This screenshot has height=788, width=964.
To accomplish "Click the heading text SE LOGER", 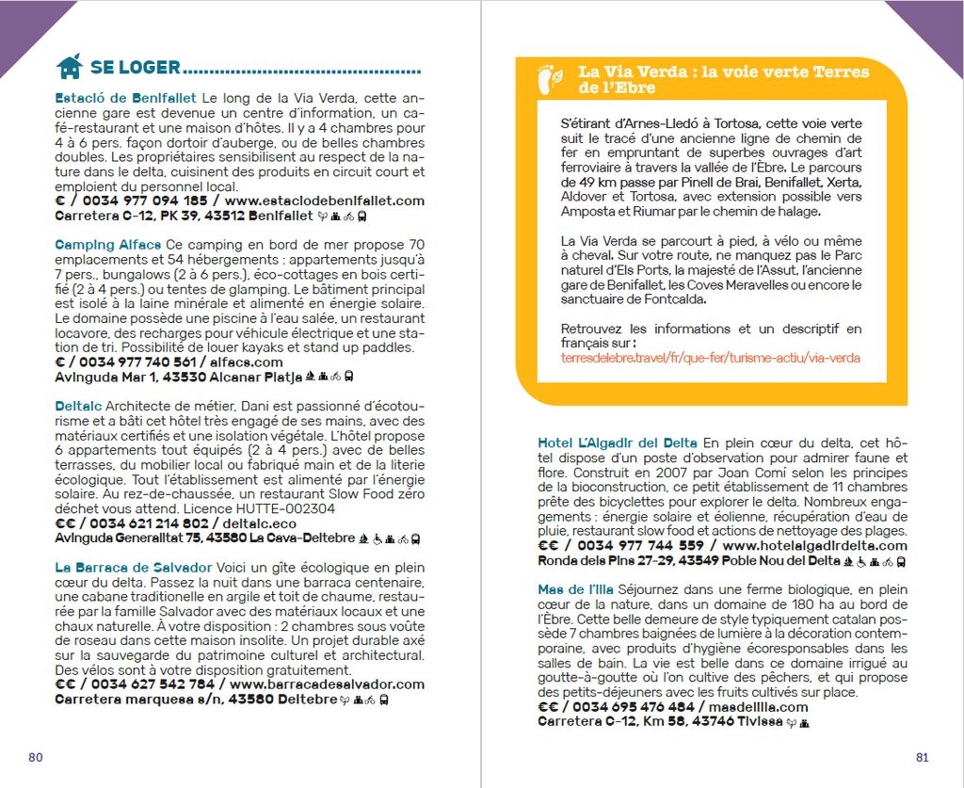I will (135, 68).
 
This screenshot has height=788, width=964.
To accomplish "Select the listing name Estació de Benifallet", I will (126, 97).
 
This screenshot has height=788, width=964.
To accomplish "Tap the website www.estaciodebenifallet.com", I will (325, 201).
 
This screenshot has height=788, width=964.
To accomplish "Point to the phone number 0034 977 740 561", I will (138, 362).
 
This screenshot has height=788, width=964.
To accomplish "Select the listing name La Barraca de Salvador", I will (133, 568).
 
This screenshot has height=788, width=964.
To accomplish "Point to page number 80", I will (36, 757).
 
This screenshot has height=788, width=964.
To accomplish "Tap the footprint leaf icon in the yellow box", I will (550, 79).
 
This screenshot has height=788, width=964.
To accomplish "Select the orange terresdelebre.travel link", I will (710, 359).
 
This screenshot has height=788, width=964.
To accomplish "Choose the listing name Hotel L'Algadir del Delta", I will (618, 442).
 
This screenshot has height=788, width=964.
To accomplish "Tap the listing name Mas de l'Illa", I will (577, 589).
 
